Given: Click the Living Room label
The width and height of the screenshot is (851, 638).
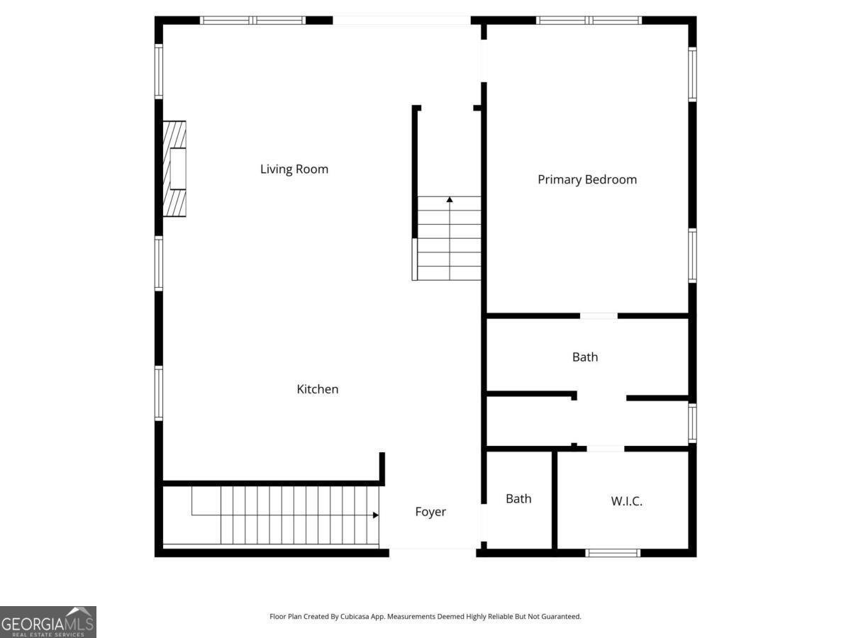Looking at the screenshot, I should (x=294, y=169).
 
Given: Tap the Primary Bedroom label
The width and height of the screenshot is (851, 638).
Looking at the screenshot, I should (x=586, y=180).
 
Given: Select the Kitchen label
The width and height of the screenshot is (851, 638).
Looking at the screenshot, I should (x=317, y=389).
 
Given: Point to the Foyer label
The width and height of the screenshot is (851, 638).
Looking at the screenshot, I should (x=430, y=512).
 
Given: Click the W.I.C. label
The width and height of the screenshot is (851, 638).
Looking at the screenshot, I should (x=626, y=501).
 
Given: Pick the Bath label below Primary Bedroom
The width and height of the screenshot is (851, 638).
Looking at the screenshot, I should (x=585, y=357).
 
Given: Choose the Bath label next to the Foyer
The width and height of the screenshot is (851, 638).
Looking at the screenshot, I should (x=518, y=499).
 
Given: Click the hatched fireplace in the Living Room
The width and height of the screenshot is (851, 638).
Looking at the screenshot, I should (x=174, y=169).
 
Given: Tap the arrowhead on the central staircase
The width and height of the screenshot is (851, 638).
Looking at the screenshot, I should (x=450, y=201).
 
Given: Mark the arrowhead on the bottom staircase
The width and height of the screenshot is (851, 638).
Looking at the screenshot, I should (x=375, y=515).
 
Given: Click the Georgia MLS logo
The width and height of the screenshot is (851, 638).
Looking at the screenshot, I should (x=48, y=622).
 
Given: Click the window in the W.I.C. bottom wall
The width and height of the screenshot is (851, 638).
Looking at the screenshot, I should (x=613, y=552).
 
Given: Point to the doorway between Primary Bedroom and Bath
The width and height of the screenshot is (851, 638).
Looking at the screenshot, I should (x=599, y=315).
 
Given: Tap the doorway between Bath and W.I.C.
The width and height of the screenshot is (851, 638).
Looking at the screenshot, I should (x=605, y=448).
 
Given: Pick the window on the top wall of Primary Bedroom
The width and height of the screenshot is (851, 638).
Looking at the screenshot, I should (x=589, y=21).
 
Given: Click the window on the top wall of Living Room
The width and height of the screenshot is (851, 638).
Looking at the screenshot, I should (x=253, y=21).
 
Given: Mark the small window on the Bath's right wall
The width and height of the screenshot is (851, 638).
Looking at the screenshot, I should (x=692, y=423).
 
